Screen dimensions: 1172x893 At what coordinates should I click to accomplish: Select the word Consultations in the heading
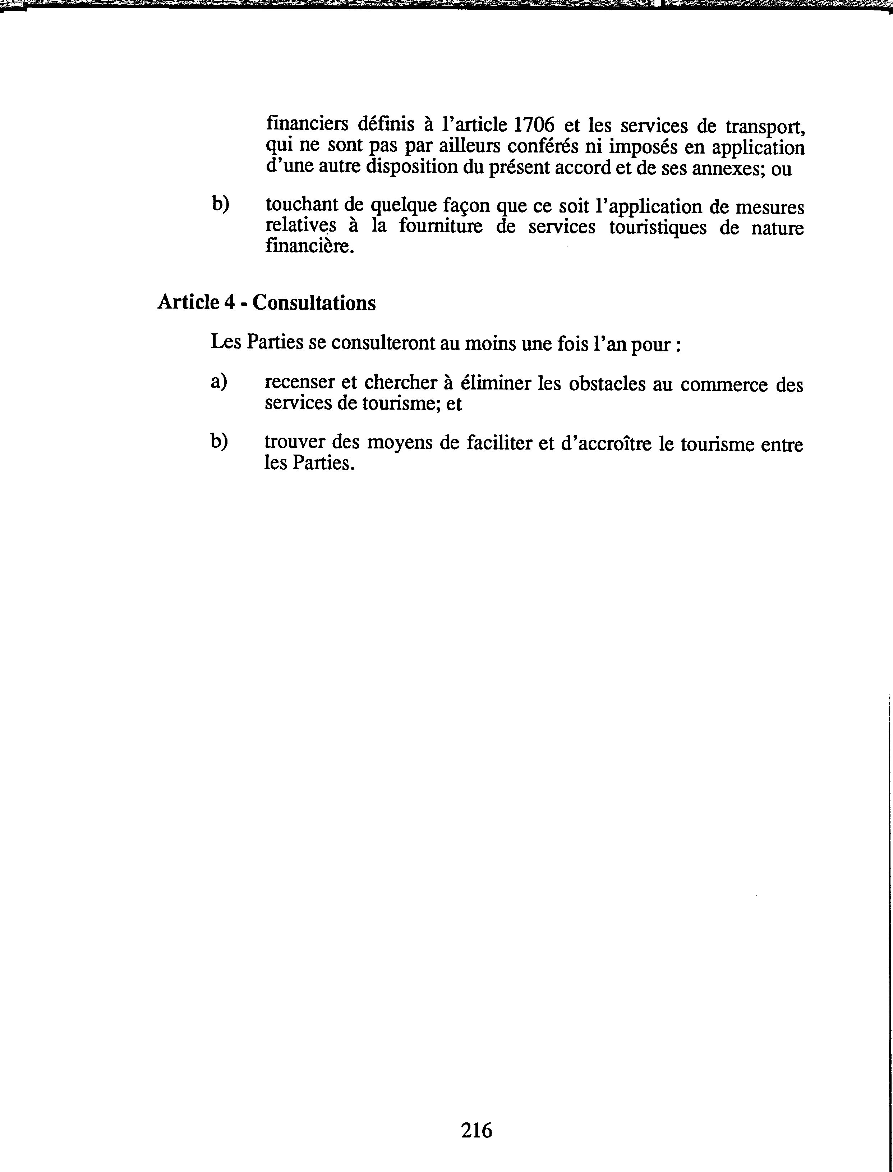coord(314,303)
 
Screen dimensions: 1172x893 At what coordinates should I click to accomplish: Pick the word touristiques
coord(658,227)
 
